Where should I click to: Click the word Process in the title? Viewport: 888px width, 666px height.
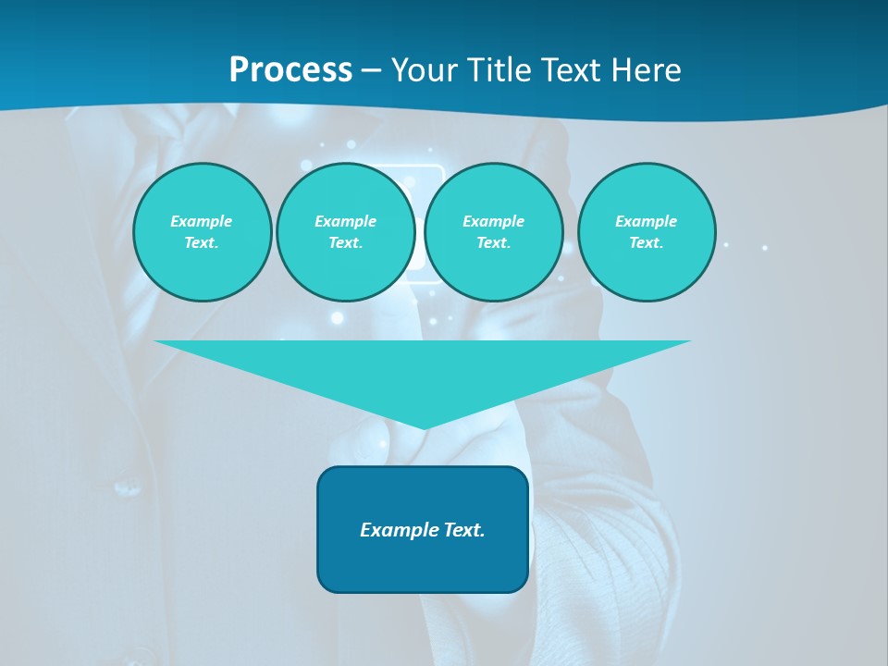(x=290, y=70)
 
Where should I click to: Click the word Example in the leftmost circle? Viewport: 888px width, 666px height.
(x=202, y=221)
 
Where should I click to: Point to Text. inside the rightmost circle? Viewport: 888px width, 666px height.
(x=647, y=243)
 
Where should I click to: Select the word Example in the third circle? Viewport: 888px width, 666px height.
(x=494, y=221)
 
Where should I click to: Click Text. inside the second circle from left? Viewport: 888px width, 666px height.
(x=346, y=243)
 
